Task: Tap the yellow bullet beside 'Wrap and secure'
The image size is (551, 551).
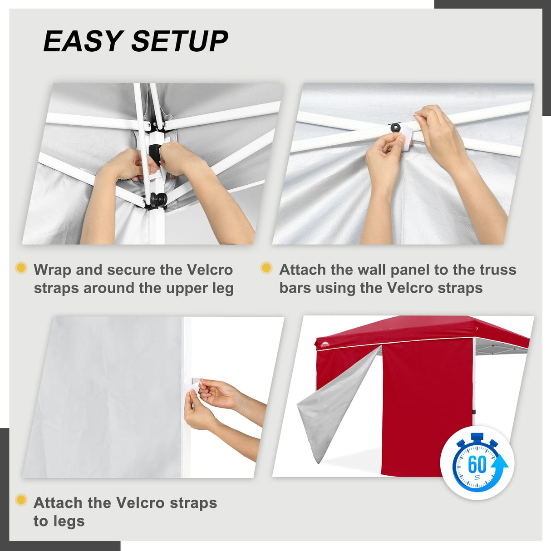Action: coord(21,268)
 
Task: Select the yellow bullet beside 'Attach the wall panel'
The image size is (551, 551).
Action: coord(266,268)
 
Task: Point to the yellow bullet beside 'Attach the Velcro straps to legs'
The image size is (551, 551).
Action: coord(21,500)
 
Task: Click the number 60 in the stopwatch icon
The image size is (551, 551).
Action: coord(477,464)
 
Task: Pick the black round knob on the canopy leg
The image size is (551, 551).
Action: coord(159,199)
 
